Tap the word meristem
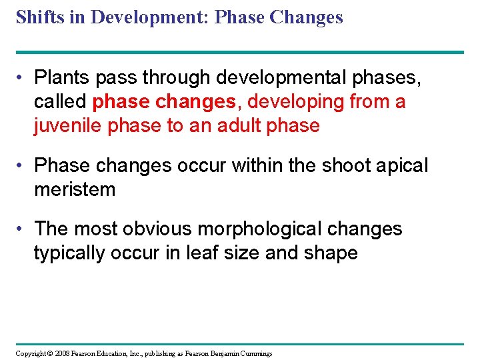(75, 189)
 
